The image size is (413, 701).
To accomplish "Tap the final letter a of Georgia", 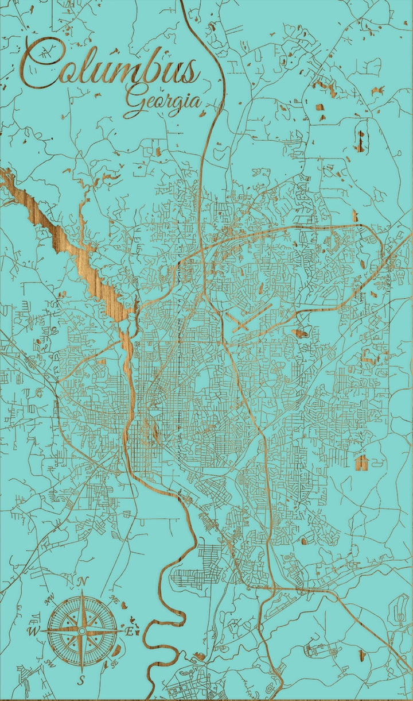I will click(x=196, y=102).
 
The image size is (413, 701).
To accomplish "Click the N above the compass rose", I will click(x=82, y=581).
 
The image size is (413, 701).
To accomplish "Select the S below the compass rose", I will click(x=81, y=681).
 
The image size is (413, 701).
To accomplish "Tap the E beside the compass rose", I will click(x=130, y=631).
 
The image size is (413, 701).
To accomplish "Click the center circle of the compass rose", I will click(x=82, y=631).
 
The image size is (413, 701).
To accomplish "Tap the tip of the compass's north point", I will click(x=82, y=591).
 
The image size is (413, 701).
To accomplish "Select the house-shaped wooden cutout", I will click(x=362, y=461).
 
